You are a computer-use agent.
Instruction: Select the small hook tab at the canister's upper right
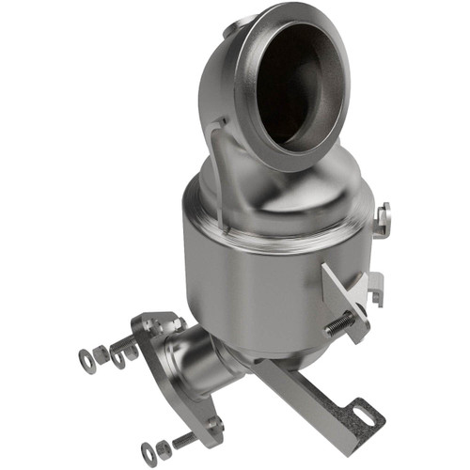(382, 218)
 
